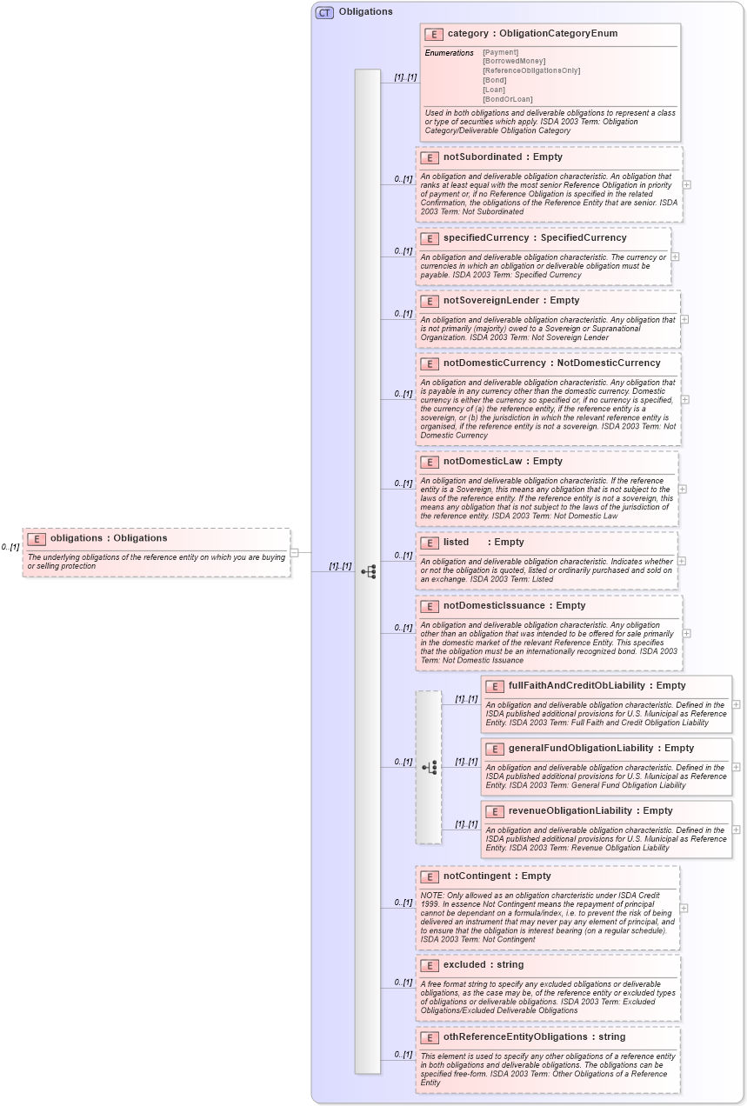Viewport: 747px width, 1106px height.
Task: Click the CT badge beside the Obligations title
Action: coord(324,12)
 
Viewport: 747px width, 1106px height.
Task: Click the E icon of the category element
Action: coord(434,34)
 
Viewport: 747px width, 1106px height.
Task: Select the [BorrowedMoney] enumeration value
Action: coord(514,61)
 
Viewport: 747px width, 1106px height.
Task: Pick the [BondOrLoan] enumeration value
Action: coord(508,99)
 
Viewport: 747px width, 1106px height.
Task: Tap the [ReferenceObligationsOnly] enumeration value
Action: coord(530,70)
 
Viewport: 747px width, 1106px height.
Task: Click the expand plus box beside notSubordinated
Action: coord(687,184)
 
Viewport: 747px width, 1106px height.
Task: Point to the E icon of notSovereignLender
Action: coord(429,301)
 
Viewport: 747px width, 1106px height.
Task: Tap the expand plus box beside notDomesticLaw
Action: coord(684,490)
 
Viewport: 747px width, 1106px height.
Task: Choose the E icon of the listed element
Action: coord(429,543)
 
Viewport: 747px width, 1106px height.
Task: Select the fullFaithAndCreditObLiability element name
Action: coord(577,685)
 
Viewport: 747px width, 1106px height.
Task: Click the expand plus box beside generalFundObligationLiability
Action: coord(737,767)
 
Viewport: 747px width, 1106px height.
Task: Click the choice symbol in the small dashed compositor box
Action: coord(430,767)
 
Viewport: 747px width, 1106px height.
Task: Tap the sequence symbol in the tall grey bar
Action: coord(369,571)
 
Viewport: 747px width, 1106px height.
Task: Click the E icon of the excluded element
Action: coord(429,965)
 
